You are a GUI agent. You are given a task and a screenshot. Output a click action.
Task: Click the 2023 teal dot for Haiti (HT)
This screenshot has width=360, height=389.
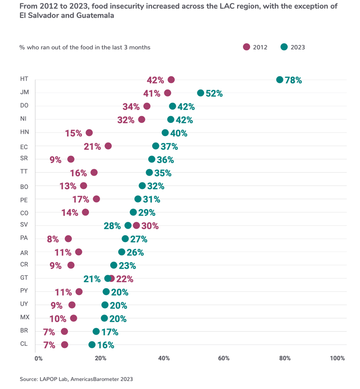(280, 80)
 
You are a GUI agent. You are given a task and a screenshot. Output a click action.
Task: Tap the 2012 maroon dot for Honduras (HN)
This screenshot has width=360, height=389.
(89, 133)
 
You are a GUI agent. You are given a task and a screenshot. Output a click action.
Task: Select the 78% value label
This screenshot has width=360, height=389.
(294, 80)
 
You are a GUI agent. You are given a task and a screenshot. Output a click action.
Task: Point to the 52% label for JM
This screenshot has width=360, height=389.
(214, 93)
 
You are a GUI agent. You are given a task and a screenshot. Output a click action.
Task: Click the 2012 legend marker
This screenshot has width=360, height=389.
(246, 47)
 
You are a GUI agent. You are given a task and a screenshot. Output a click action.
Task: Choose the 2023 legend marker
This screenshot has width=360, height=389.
(284, 47)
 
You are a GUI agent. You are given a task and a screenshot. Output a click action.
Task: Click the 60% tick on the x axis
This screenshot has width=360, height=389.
(224, 358)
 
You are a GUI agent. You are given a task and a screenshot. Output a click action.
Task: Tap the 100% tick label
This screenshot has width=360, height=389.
(337, 358)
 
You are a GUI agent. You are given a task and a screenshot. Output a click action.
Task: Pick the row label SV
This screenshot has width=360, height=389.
(24, 225)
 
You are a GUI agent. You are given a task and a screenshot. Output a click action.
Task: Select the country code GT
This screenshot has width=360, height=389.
(24, 278)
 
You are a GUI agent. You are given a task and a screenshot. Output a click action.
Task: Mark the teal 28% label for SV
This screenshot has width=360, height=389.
(112, 226)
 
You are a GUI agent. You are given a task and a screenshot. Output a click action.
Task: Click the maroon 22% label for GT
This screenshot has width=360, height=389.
(124, 279)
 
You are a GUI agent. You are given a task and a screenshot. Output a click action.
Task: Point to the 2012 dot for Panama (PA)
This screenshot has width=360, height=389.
(68, 239)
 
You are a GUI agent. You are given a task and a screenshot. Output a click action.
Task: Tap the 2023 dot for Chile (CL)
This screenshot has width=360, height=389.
(92, 345)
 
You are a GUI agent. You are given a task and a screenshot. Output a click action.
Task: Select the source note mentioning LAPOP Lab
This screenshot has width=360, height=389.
(76, 379)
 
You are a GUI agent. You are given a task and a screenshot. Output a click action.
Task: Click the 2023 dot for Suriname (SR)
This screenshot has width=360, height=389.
(152, 159)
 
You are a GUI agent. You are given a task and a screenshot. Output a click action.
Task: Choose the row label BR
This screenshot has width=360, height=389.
(24, 331)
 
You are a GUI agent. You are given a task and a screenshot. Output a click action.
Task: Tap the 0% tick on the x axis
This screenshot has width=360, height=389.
(38, 358)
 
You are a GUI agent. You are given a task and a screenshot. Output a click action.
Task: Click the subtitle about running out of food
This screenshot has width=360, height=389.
(85, 47)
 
